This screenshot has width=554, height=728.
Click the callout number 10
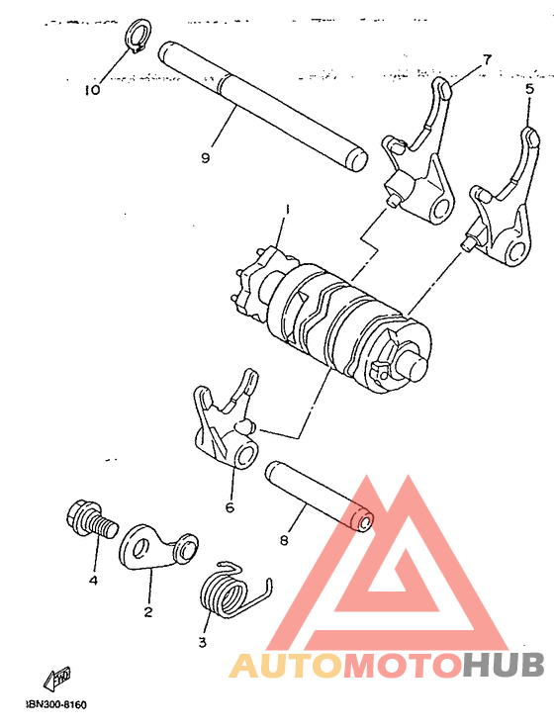pos(92,90)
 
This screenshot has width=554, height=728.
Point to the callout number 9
pos(205,157)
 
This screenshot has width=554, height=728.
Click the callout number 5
pos(528,88)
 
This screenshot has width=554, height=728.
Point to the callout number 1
pos(286,209)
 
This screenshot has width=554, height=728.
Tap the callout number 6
pos(230,507)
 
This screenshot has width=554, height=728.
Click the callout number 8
pos(284,541)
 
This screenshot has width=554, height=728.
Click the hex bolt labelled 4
pos(87,519)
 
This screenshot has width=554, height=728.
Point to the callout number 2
pos(147,611)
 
